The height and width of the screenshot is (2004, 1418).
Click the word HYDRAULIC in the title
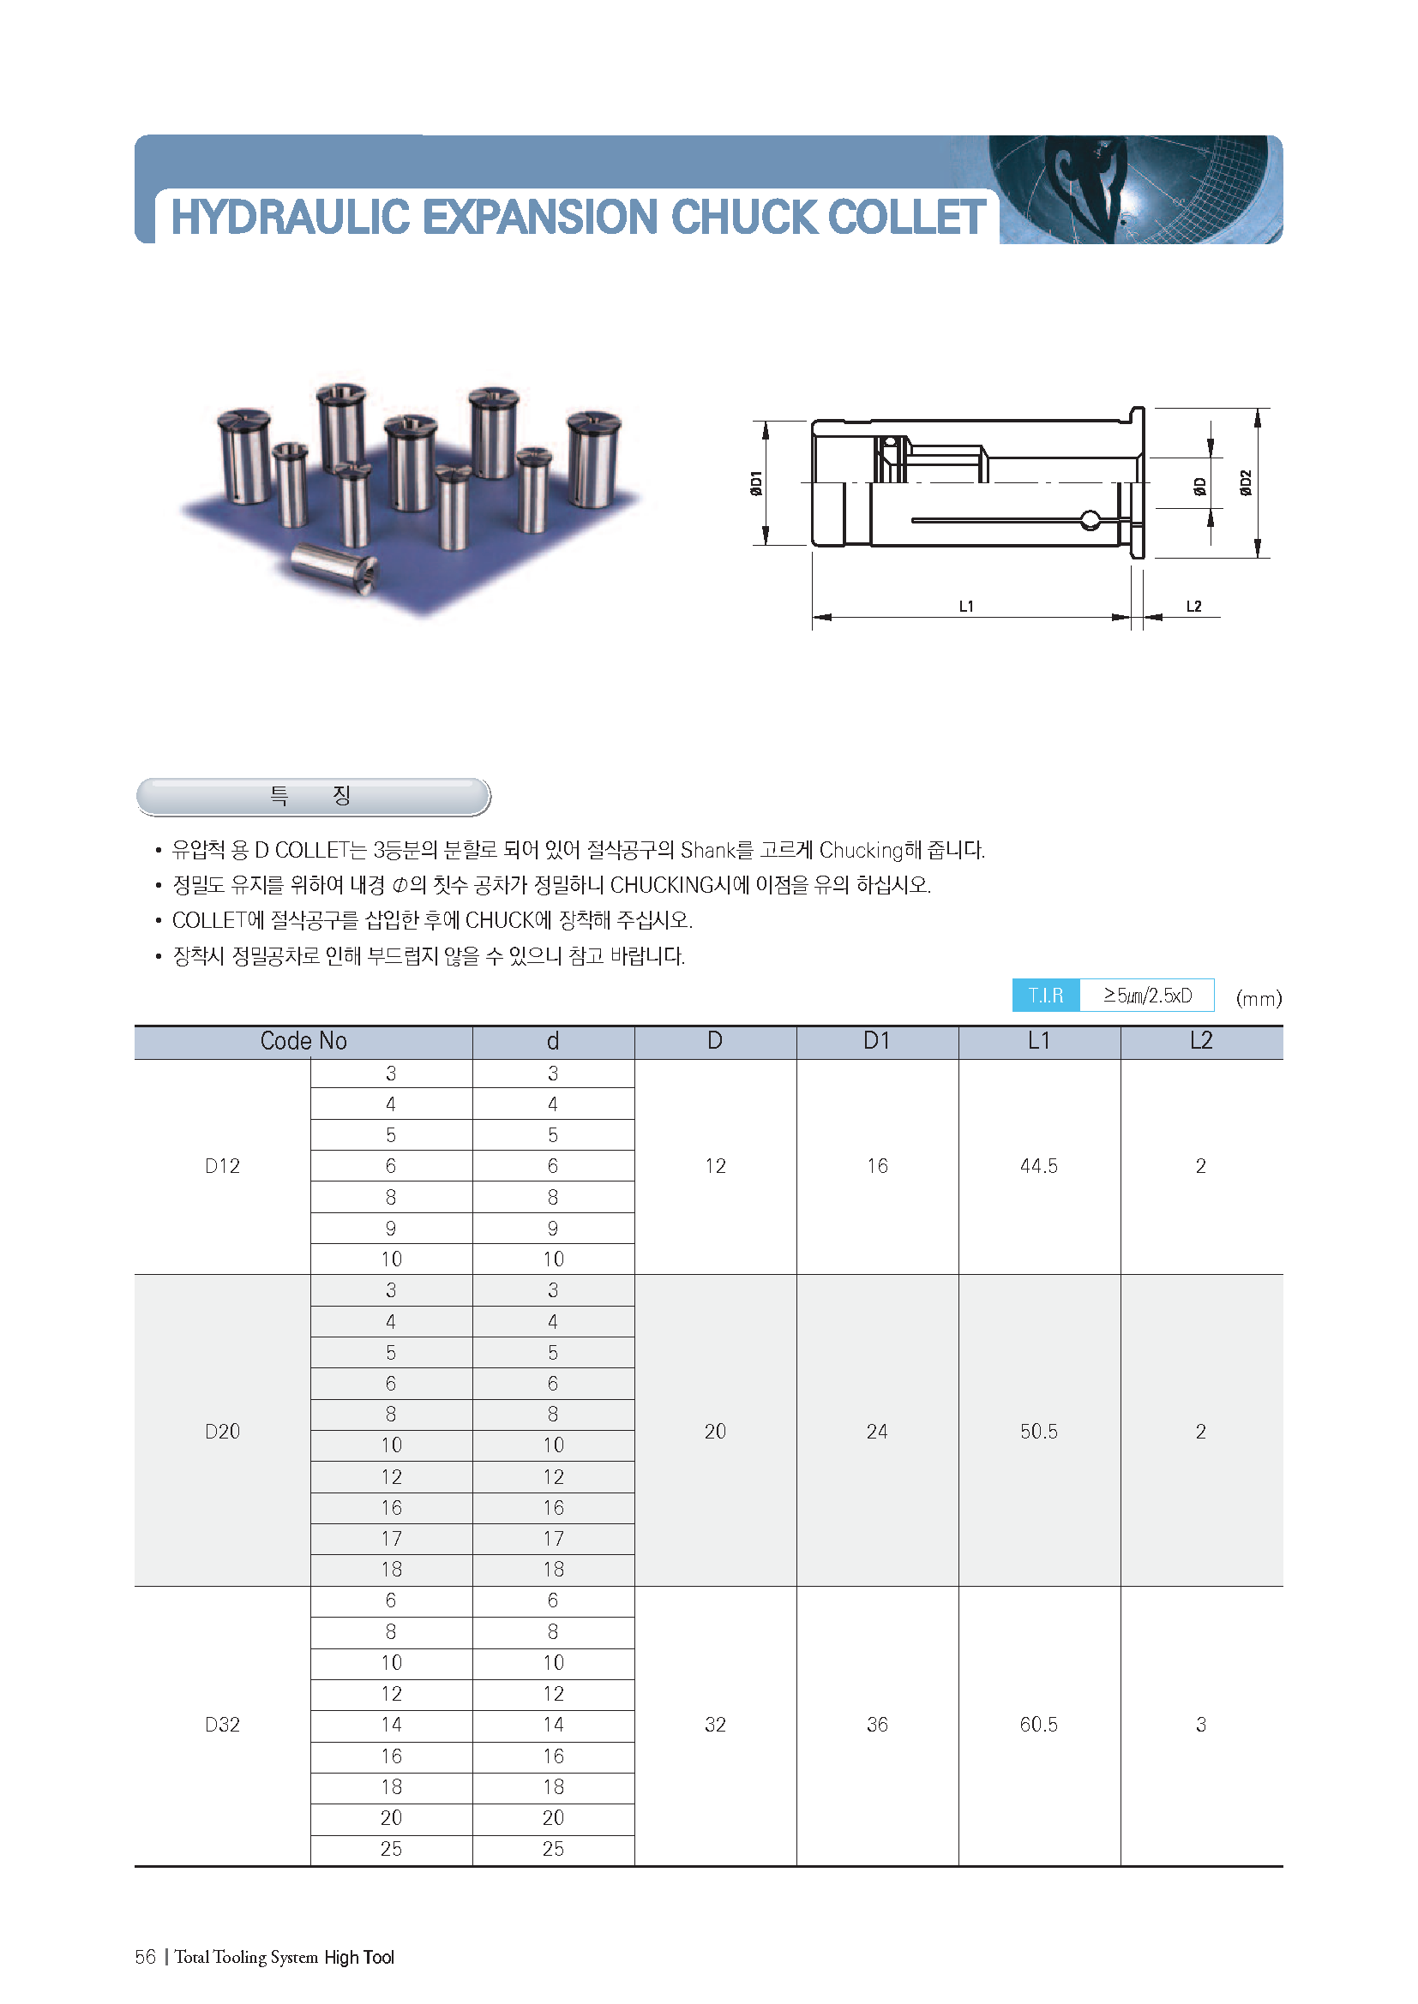pyautogui.click(x=290, y=217)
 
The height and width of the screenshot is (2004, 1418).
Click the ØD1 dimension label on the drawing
pyautogui.click(x=756, y=482)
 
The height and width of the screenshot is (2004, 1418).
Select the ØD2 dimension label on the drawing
pyautogui.click(x=1246, y=482)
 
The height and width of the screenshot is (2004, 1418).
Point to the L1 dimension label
pyautogui.click(x=965, y=606)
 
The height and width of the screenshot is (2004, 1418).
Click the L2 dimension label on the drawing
pyautogui.click(x=1193, y=606)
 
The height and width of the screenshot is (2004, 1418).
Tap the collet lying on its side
pyautogui.click(x=334, y=567)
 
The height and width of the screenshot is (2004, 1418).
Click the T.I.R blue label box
pyautogui.click(x=1045, y=995)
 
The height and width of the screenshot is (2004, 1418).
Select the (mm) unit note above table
pyautogui.click(x=1259, y=997)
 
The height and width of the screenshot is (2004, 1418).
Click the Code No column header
pyautogui.click(x=303, y=1040)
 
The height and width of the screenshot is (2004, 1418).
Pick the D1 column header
pyautogui.click(x=877, y=1040)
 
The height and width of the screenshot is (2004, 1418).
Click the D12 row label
pyautogui.click(x=222, y=1166)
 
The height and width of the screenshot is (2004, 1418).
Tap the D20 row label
pyautogui.click(x=222, y=1432)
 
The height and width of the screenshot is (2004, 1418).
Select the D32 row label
pyautogui.click(x=222, y=1725)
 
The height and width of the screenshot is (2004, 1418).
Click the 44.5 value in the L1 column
pyautogui.click(x=1038, y=1166)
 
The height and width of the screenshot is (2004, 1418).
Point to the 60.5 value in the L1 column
pyautogui.click(x=1038, y=1725)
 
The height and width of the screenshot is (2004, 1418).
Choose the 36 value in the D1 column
pyautogui.click(x=877, y=1725)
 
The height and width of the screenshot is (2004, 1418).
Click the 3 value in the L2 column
pyautogui.click(x=1200, y=1725)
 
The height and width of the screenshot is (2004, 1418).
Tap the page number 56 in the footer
pyautogui.click(x=145, y=1957)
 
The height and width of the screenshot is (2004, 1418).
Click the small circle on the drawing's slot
pyautogui.click(x=1090, y=521)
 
